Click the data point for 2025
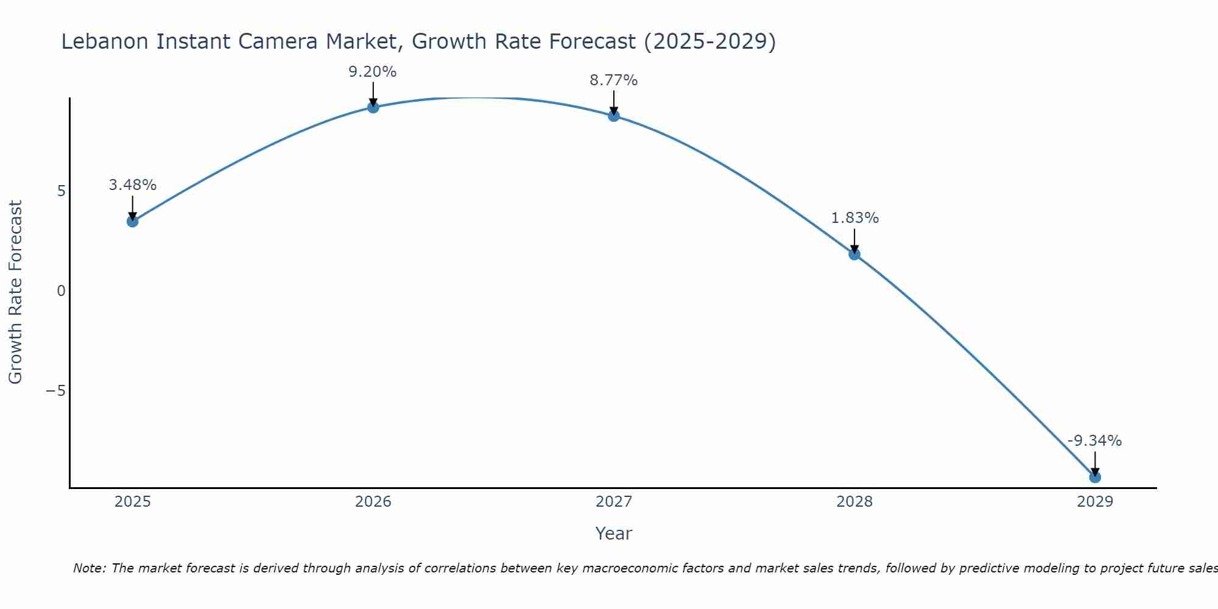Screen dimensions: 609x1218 (132, 221)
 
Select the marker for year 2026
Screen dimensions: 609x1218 (373, 107)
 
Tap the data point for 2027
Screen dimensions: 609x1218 (614, 116)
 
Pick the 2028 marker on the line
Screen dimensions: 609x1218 (854, 254)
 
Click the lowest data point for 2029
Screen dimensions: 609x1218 (1095, 477)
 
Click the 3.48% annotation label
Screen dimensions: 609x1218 (133, 185)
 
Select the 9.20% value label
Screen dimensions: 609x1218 (373, 72)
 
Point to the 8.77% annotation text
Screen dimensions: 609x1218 (614, 80)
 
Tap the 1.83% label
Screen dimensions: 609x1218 (855, 218)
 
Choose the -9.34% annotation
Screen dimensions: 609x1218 (1094, 441)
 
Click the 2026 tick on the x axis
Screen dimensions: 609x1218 (373, 502)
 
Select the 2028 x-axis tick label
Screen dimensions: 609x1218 (854, 502)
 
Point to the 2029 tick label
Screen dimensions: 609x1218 (1095, 502)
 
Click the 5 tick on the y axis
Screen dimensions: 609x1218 (61, 191)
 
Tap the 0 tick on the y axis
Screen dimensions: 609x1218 (61, 291)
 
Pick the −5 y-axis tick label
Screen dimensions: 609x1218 (56, 390)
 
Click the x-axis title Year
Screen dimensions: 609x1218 (614, 533)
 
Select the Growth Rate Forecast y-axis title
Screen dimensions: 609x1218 (16, 292)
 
